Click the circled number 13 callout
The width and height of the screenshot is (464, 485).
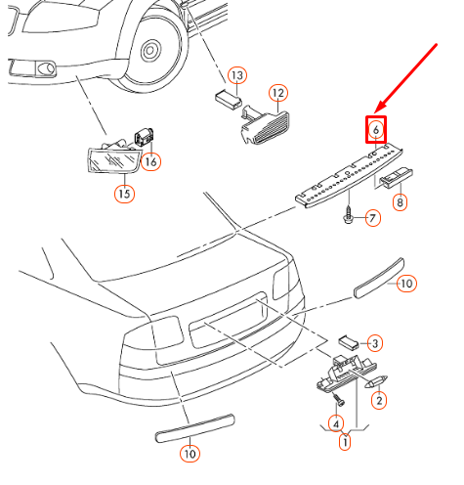point(237,75)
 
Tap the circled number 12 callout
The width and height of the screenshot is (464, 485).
point(278,93)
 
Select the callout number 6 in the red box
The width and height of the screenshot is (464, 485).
point(376,129)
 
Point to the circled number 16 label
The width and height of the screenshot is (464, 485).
point(151,161)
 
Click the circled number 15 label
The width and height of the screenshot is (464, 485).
point(124,194)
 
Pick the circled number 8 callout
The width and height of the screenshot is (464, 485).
point(400,202)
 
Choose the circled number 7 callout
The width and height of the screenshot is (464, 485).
point(373,218)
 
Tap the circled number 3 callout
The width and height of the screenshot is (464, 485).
point(375,343)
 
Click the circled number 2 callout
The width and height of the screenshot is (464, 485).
point(379,400)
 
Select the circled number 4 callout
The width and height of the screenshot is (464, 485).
point(336,423)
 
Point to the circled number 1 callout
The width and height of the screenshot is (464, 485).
point(345,442)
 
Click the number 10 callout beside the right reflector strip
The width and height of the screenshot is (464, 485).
point(406,284)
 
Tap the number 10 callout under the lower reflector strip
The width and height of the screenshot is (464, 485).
point(190,454)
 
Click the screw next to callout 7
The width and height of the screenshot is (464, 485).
point(349,214)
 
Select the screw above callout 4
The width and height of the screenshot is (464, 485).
point(337,400)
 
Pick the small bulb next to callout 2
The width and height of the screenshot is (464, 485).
point(376,381)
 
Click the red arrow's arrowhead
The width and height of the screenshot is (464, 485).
point(380,108)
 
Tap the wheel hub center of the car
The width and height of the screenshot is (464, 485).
point(150,51)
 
